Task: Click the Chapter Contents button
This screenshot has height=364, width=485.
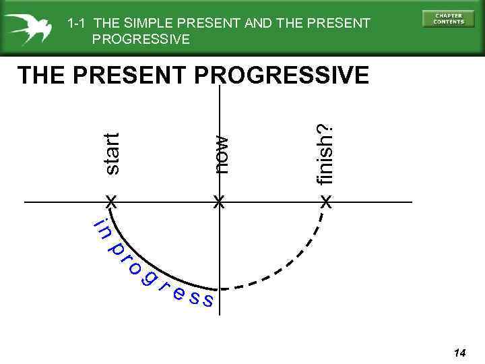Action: pyautogui.click(x=448, y=19)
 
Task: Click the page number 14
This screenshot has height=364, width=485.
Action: pyautogui.click(x=460, y=353)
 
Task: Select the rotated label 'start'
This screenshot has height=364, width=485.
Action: pyautogui.click(x=112, y=154)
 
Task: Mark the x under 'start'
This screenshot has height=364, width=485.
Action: pyautogui.click(x=111, y=202)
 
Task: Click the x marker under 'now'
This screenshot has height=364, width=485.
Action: pyautogui.click(x=218, y=202)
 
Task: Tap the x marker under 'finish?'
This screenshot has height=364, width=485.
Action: pyautogui.click(x=326, y=202)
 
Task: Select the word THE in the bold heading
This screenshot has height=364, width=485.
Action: pyautogui.click(x=40, y=75)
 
